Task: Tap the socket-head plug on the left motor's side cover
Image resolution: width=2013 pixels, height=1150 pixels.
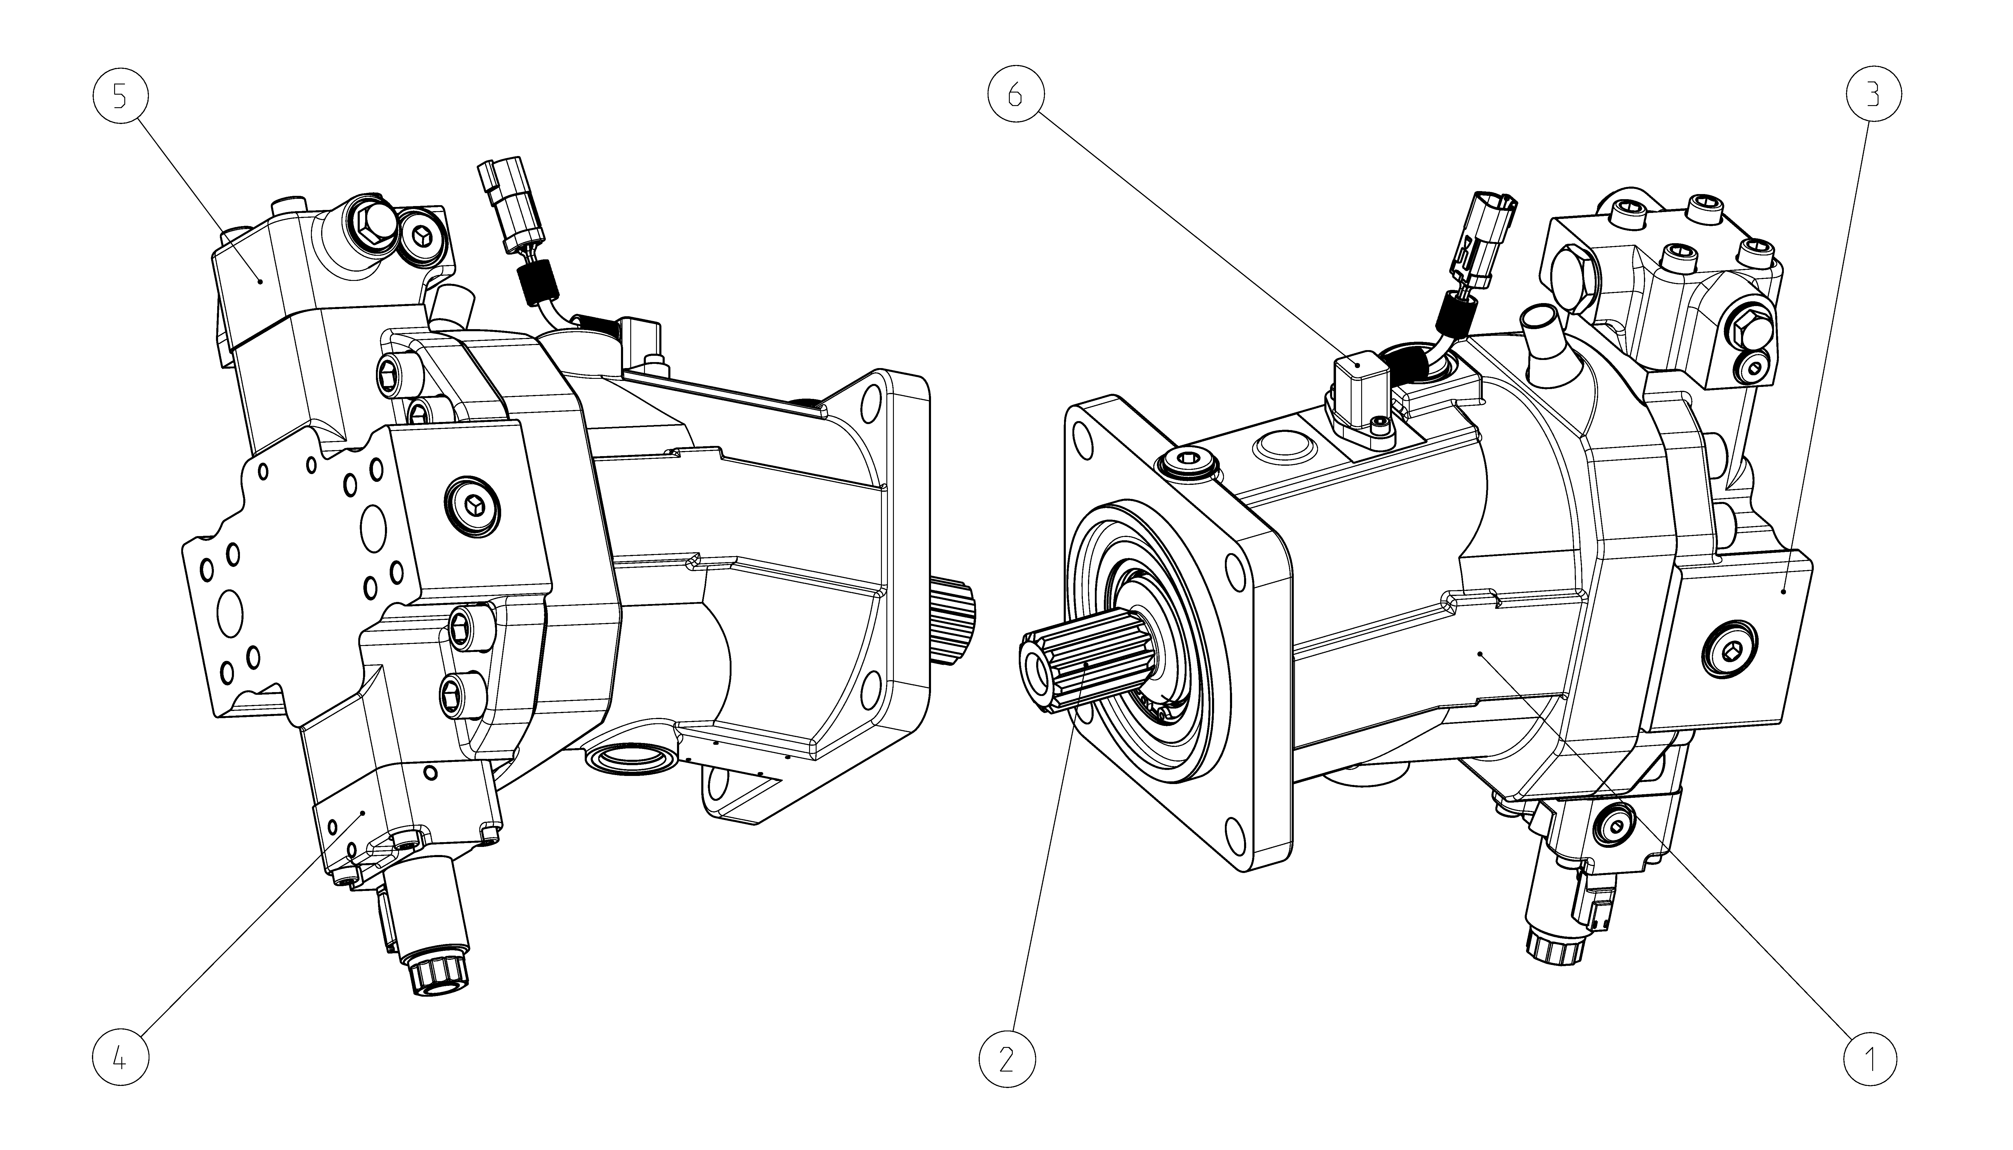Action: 472,503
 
